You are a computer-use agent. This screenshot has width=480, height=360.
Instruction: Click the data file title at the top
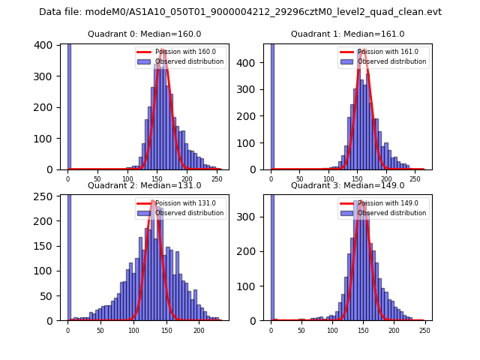coord(240,12)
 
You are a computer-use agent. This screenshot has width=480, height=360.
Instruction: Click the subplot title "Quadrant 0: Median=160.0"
coord(145,34)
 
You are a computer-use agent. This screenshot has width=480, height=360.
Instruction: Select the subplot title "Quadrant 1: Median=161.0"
coord(348,34)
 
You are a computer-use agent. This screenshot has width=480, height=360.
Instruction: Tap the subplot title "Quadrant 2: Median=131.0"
coord(145,185)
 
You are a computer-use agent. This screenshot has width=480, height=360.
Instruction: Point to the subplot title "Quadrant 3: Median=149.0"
coord(348,185)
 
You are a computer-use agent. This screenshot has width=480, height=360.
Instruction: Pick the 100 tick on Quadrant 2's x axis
coord(133,330)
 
